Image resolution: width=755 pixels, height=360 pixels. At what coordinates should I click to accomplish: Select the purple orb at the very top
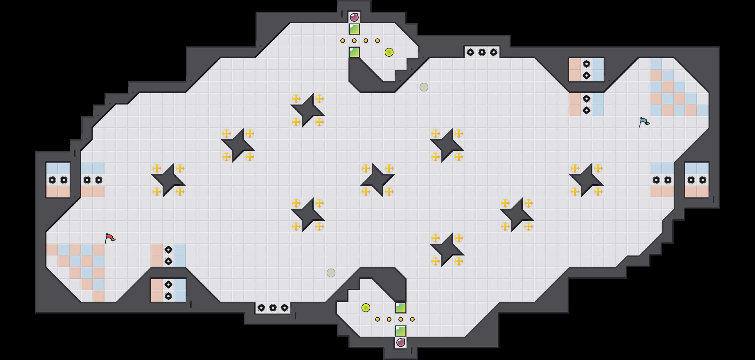coord(354,17)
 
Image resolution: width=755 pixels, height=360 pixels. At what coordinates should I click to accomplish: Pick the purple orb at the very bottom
coord(401,342)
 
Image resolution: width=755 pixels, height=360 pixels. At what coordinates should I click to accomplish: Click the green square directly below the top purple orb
coord(354,29)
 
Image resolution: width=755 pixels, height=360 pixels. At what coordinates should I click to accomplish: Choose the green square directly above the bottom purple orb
coord(401,331)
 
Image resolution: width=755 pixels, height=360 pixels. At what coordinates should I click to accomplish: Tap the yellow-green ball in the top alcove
coord(389,52)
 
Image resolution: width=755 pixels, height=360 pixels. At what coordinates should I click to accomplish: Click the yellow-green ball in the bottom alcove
coord(366,307)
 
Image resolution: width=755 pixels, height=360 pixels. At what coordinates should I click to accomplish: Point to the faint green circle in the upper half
coord(424,87)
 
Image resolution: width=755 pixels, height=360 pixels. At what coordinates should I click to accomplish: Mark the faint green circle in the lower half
coord(331,273)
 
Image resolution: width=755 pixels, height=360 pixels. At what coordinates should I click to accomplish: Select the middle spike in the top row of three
coord(482,53)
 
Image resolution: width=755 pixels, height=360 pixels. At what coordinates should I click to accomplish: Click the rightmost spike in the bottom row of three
coord(284,307)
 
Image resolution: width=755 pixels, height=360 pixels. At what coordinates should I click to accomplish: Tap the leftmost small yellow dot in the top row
coord(343,41)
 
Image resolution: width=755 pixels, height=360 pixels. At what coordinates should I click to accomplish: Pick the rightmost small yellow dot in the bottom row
coord(412,319)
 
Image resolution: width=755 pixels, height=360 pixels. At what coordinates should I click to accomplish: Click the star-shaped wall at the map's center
coord(378,180)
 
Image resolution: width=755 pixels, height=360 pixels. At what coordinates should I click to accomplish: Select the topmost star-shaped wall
coord(308,110)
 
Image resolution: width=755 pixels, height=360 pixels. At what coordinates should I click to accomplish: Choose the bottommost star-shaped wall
coord(447,250)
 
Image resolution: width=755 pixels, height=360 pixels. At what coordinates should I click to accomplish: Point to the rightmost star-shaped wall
coord(587,180)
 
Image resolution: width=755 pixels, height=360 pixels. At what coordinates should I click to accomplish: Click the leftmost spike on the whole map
coord(52,180)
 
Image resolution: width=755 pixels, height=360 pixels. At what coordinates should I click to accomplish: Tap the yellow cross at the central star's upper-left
coord(366,168)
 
